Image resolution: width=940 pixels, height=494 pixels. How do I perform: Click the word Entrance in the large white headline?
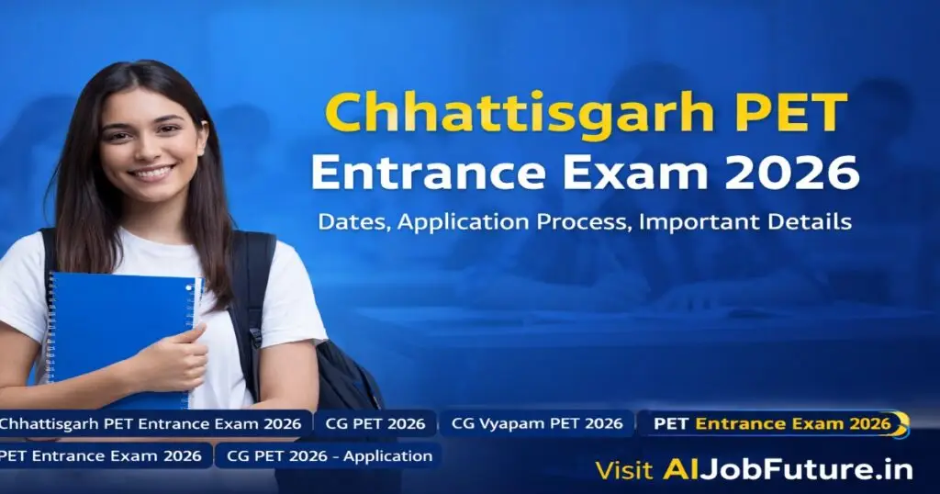click(x=423, y=173)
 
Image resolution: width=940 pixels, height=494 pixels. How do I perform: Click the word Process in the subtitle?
click(x=576, y=222)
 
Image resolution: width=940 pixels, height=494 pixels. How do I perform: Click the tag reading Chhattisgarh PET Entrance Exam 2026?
click(x=151, y=424)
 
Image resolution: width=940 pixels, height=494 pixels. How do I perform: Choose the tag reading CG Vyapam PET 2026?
click(x=537, y=424)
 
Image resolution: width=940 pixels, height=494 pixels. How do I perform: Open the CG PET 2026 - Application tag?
click(x=329, y=455)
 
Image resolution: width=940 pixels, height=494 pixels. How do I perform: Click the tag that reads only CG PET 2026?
click(x=376, y=424)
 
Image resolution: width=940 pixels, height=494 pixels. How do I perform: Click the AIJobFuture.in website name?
click(x=788, y=470)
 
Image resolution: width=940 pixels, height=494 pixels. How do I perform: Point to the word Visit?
click(x=624, y=470)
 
